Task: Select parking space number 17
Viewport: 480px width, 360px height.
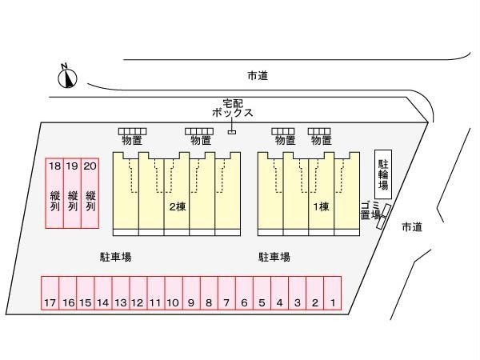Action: (50, 294)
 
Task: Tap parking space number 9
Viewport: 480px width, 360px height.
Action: (190, 294)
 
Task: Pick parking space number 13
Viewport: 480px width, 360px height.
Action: (120, 294)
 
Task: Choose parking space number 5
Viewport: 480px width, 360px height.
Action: (262, 294)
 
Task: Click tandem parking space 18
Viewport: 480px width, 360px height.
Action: (54, 192)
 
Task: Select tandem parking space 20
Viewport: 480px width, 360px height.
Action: (90, 192)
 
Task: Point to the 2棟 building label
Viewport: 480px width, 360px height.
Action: (177, 206)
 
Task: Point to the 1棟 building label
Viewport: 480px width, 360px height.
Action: (321, 206)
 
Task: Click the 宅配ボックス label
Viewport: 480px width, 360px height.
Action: (232, 107)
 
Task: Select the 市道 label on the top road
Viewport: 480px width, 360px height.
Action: (257, 75)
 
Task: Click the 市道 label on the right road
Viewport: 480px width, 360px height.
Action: (412, 226)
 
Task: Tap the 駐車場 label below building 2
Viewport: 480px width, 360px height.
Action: (115, 257)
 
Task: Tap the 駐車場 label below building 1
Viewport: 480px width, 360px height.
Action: (274, 257)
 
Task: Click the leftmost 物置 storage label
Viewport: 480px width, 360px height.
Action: (132, 141)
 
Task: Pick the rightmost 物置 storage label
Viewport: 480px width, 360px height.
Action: (321, 141)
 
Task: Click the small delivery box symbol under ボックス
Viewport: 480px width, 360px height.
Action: (232, 131)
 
